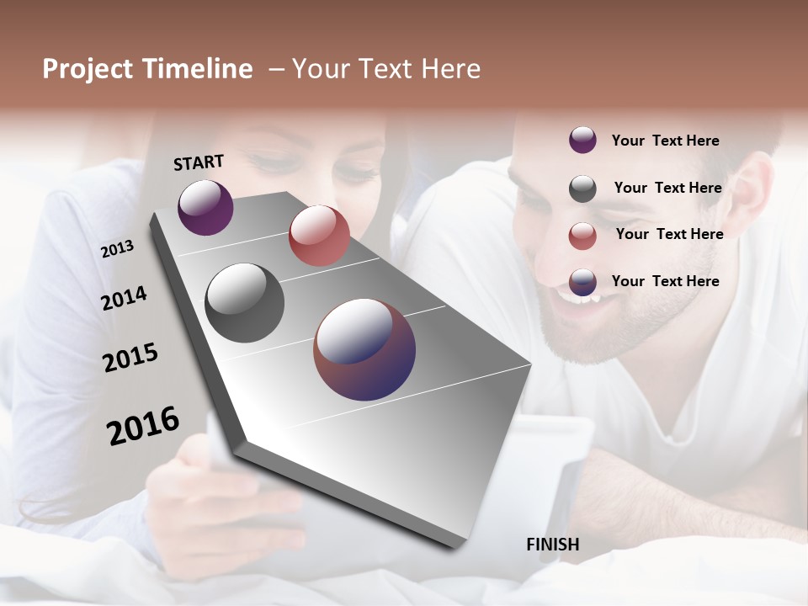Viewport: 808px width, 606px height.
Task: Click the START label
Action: click(199, 162)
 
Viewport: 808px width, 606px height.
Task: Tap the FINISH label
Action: click(552, 545)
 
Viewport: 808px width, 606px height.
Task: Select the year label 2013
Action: click(117, 249)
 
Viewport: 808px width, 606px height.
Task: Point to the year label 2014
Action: click(124, 299)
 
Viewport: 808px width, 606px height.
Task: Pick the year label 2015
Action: click(130, 358)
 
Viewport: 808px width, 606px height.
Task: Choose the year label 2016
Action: click(143, 426)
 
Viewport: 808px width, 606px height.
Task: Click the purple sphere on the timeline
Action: click(205, 207)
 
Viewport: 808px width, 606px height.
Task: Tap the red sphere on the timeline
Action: click(319, 236)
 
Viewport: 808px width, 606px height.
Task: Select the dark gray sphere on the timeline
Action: click(244, 303)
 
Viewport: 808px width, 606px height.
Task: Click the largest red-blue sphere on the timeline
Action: click(364, 349)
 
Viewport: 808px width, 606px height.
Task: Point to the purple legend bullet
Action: click(582, 141)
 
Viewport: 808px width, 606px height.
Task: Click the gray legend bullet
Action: click(582, 189)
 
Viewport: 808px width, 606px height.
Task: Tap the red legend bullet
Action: click(582, 236)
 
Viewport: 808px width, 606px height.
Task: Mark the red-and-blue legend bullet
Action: click(582, 283)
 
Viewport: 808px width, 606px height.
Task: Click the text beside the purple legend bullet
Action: click(665, 141)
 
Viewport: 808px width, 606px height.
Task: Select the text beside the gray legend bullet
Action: click(667, 188)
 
